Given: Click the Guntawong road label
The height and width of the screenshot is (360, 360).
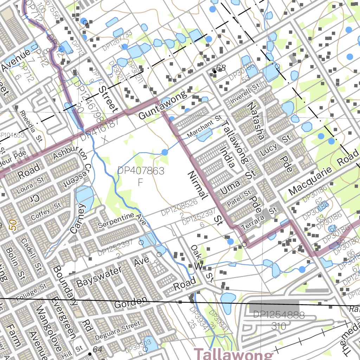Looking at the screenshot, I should [162, 105].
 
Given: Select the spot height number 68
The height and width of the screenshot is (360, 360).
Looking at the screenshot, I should [221, 68].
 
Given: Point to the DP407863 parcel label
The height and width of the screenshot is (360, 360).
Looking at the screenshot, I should [141, 171].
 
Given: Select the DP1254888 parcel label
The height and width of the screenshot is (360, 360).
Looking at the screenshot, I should [279, 315].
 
